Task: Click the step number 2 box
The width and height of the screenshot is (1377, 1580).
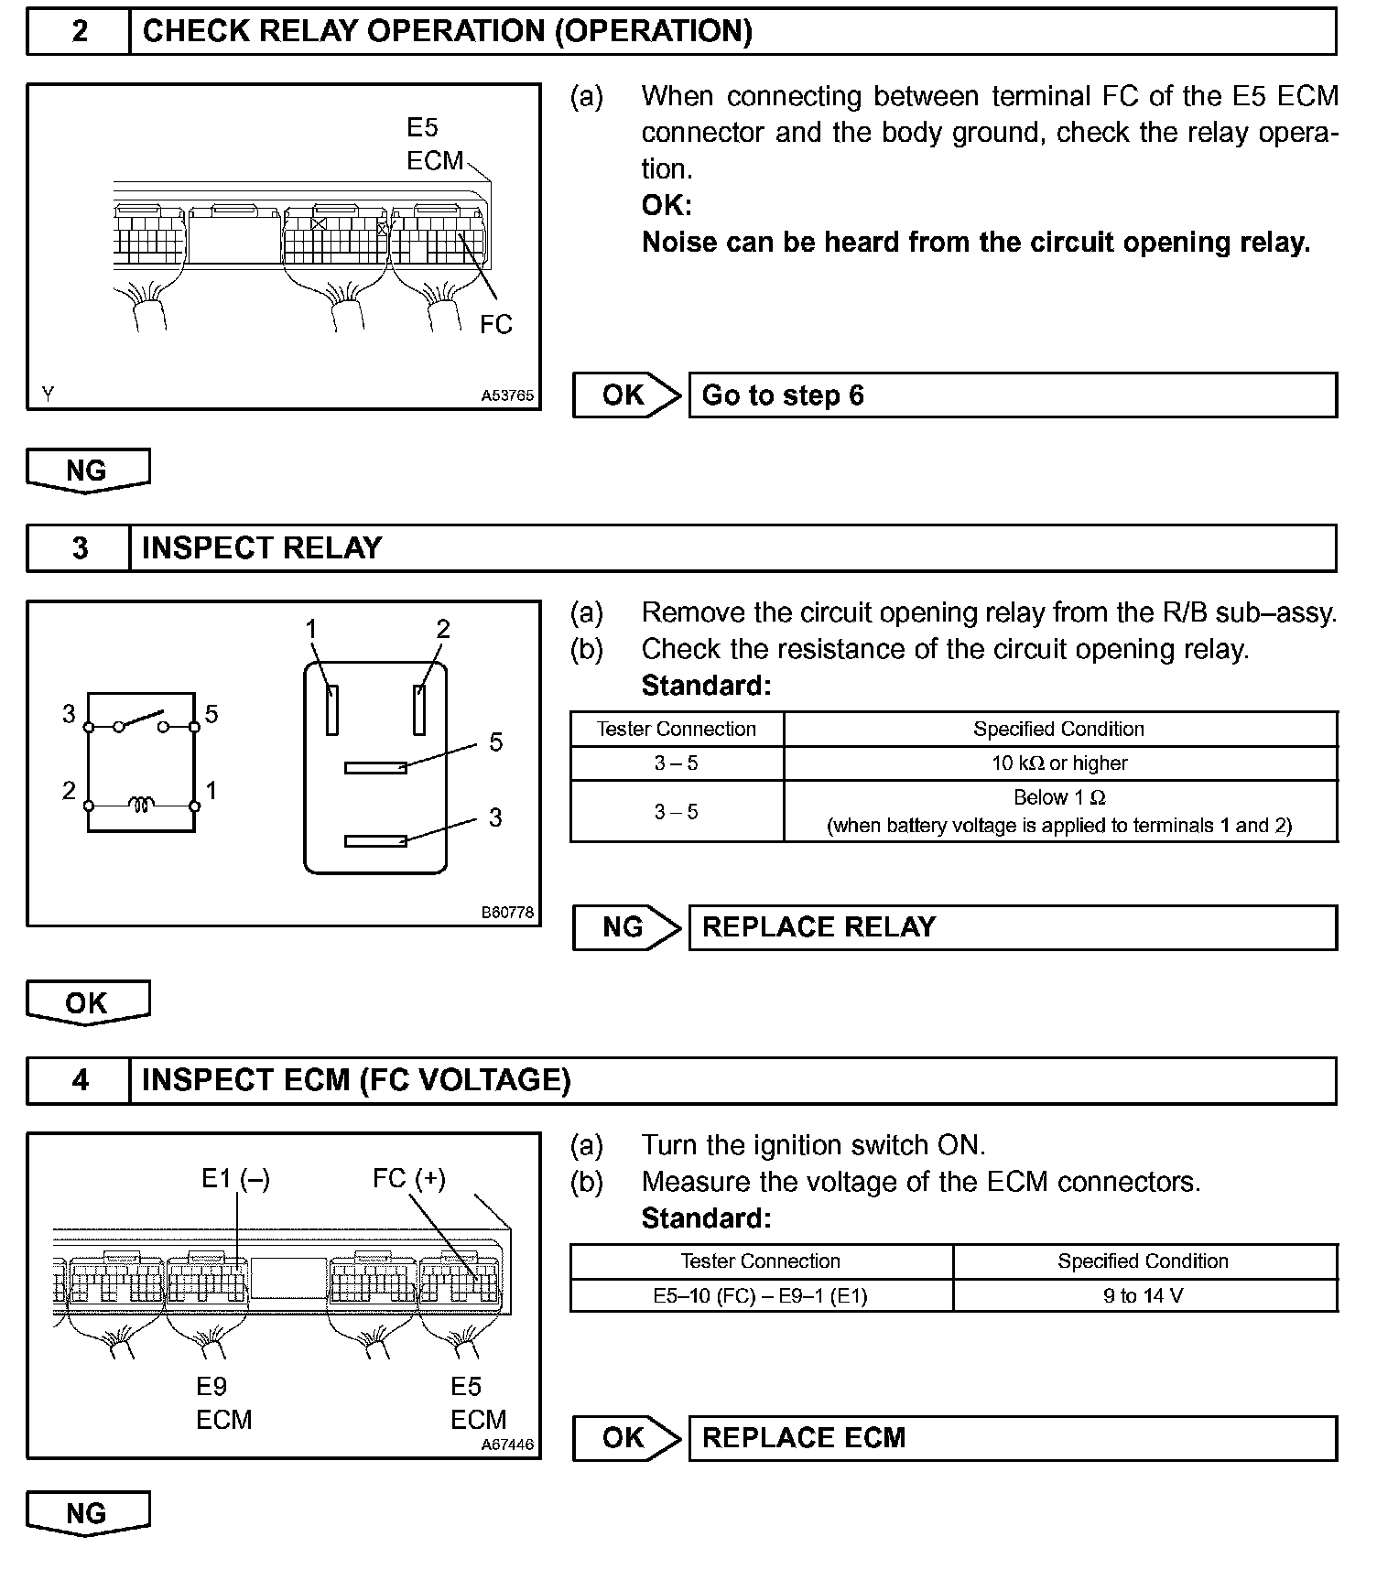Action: (79, 32)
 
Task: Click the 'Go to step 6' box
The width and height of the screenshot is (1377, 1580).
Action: (1012, 395)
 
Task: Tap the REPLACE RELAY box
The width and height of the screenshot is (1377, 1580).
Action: (1012, 927)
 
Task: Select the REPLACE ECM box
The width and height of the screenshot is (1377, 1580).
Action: (1012, 1438)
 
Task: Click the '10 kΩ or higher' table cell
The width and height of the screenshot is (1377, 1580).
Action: (1059, 763)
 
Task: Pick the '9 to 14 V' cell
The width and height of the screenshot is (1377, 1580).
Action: (1144, 1295)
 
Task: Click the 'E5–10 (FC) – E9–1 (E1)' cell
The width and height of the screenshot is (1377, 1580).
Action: (760, 1295)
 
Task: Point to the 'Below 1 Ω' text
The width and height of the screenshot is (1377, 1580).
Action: (1059, 797)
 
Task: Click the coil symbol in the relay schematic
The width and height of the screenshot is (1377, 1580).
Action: (141, 806)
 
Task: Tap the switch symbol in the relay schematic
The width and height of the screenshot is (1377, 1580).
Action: (141, 721)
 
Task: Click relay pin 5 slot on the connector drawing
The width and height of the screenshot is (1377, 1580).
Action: (375, 767)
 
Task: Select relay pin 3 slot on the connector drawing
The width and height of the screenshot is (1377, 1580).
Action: (375, 840)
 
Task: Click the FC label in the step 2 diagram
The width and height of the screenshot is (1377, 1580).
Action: (496, 325)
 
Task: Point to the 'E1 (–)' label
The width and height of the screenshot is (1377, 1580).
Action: (235, 1179)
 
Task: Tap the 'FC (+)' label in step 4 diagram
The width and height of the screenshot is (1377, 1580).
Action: (408, 1178)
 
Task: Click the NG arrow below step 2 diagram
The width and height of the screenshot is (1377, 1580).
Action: (87, 471)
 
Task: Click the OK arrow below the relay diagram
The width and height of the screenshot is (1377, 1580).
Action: (87, 1003)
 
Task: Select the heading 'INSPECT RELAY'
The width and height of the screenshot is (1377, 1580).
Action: (262, 548)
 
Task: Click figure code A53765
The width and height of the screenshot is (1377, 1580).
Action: (507, 395)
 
